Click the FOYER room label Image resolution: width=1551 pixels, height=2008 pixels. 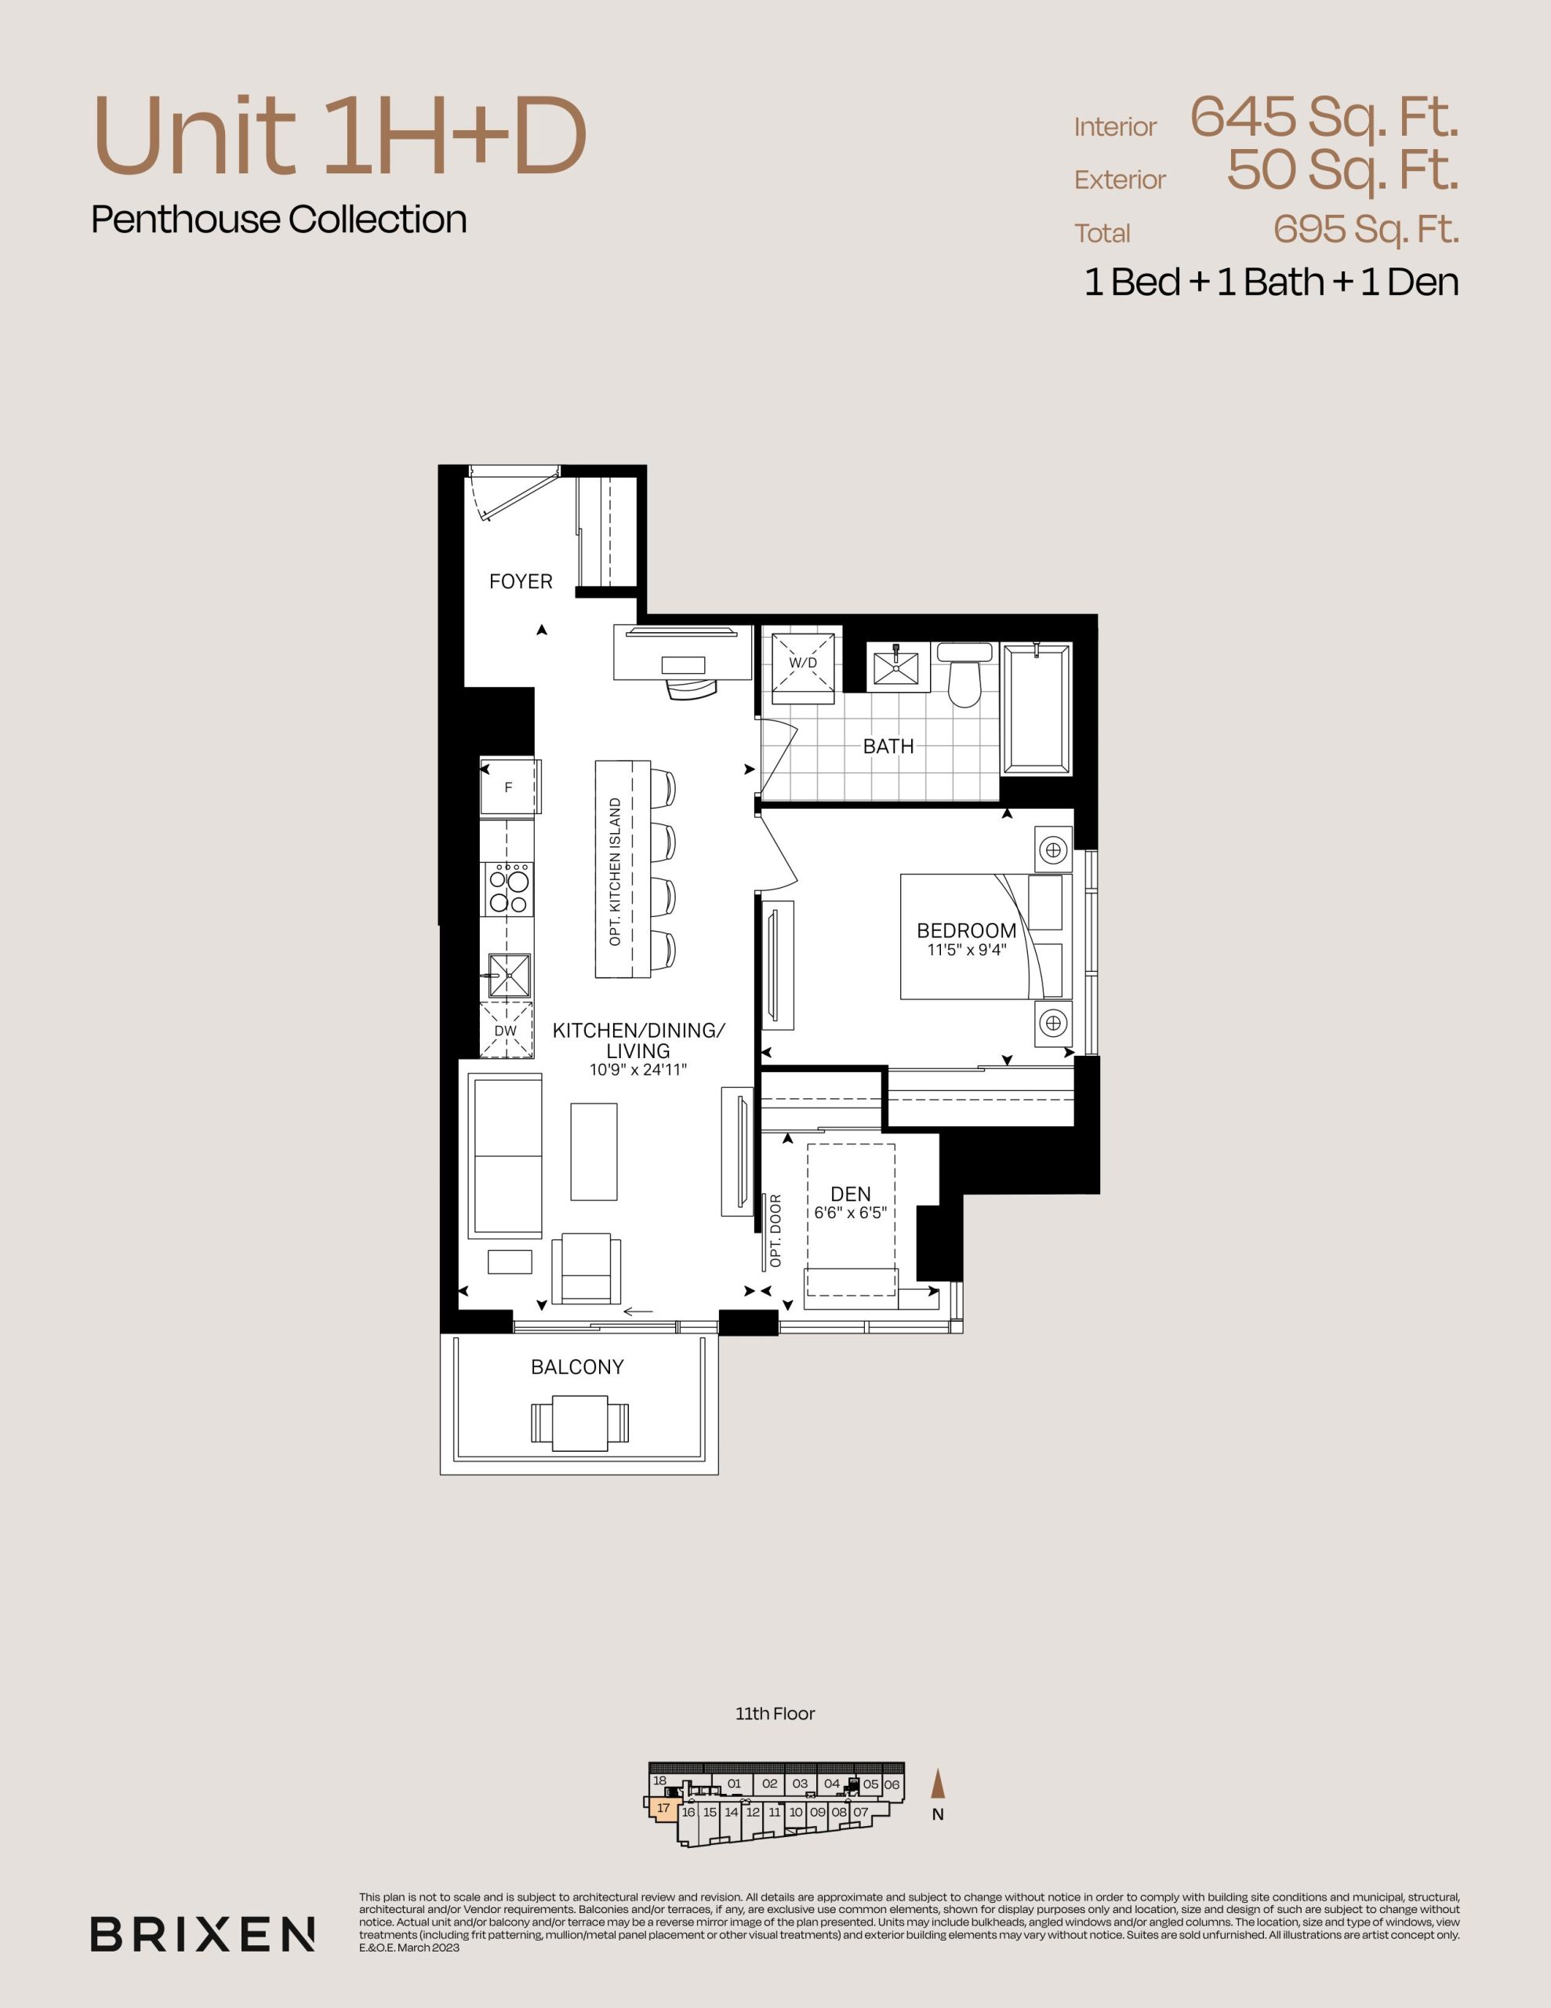point(521,581)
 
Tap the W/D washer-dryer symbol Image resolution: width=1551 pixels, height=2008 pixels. point(803,663)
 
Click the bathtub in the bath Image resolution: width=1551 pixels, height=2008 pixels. point(1037,709)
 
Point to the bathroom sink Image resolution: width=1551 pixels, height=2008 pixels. point(895,664)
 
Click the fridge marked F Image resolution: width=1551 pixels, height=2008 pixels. point(508,787)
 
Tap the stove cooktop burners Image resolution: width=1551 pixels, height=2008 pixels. point(508,887)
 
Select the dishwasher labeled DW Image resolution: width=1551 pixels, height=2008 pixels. point(507,1031)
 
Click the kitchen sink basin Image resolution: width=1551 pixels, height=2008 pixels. point(508,974)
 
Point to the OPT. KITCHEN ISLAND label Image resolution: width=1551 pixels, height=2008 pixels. point(615,871)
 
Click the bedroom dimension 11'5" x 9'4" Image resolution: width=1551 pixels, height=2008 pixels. point(966,950)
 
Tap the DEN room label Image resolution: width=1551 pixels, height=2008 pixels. point(851,1193)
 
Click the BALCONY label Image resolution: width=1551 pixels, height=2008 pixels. point(577,1367)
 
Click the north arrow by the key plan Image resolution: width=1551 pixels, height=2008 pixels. point(938,1784)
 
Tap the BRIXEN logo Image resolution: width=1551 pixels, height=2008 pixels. point(203,1934)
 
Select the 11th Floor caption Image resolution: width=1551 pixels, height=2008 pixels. point(775,1714)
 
